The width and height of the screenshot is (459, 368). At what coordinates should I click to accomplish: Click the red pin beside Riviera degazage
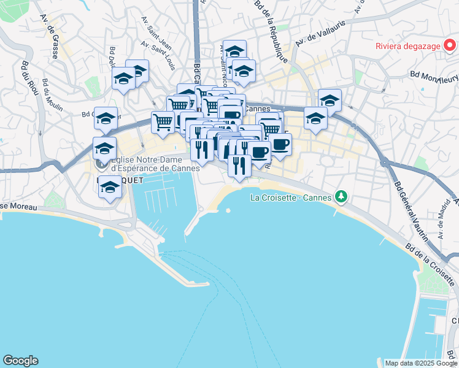tap(450, 45)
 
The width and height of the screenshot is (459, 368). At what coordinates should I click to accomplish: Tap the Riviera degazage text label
tap(408, 45)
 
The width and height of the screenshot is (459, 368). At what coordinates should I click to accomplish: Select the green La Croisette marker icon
tap(341, 197)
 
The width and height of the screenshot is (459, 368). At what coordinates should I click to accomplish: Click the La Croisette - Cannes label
tap(291, 197)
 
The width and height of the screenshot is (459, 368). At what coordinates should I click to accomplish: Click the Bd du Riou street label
tap(27, 78)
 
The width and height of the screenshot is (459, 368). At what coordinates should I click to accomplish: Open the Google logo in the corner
tap(20, 361)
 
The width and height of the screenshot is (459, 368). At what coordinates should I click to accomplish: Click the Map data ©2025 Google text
tap(421, 363)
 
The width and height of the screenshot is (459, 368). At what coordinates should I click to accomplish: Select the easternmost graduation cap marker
tap(330, 101)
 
